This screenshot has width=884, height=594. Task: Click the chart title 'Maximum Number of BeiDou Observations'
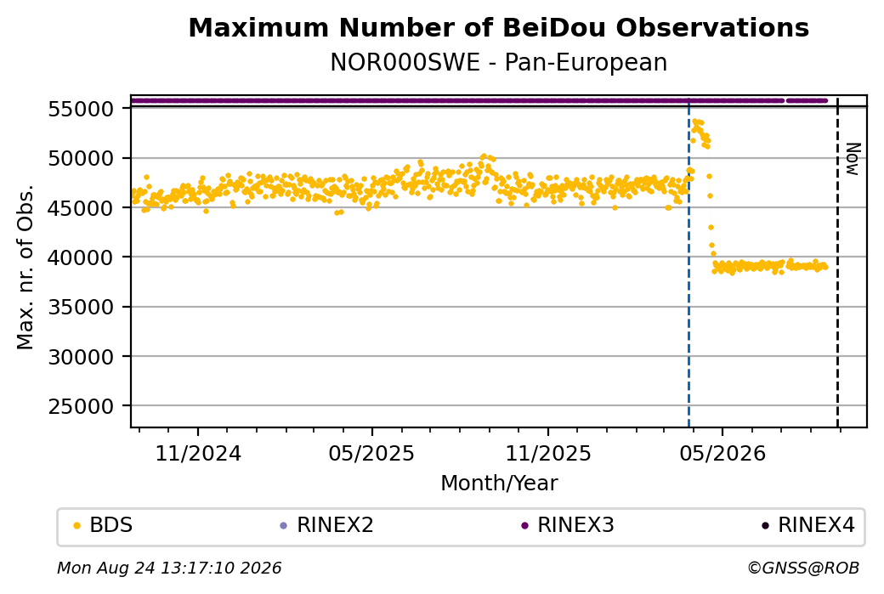pos(498,27)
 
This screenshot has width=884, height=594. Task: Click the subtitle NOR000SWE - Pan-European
pos(498,62)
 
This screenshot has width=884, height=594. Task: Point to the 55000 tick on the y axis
pos(82,109)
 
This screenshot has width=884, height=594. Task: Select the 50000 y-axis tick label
pos(82,158)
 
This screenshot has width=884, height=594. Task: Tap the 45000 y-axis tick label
pos(82,208)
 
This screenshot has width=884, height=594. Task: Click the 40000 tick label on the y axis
pos(82,257)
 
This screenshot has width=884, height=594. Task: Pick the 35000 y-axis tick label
pos(82,307)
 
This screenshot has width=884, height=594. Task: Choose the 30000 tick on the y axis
pos(82,357)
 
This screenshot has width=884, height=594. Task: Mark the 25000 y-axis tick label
pos(82,406)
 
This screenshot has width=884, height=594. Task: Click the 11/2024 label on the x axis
pos(198,453)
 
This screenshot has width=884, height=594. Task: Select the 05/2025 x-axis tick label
pos(371,453)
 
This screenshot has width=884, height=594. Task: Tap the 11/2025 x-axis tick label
pos(548,453)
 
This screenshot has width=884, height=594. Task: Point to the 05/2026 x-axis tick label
pos(722,453)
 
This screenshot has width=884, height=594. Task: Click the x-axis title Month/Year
pos(499,483)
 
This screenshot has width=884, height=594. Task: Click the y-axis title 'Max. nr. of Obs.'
pos(25,267)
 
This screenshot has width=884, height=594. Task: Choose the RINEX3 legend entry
pos(567,525)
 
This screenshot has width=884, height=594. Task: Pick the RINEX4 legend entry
pos(807,525)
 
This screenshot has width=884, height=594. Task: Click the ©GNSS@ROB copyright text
pos(803,568)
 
